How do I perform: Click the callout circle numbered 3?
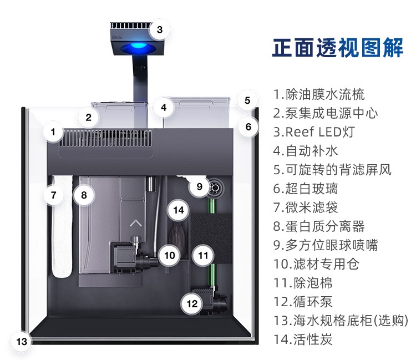(159, 29)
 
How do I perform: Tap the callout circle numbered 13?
(22, 341)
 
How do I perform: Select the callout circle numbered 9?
(199, 186)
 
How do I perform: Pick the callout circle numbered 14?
(178, 210)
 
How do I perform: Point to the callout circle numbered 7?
(53, 195)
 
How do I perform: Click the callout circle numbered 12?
(192, 303)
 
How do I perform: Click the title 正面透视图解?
(338, 48)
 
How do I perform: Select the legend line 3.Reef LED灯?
(313, 132)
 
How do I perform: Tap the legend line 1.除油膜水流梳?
(319, 94)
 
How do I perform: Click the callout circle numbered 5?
(247, 101)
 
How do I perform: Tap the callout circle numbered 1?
(53, 132)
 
